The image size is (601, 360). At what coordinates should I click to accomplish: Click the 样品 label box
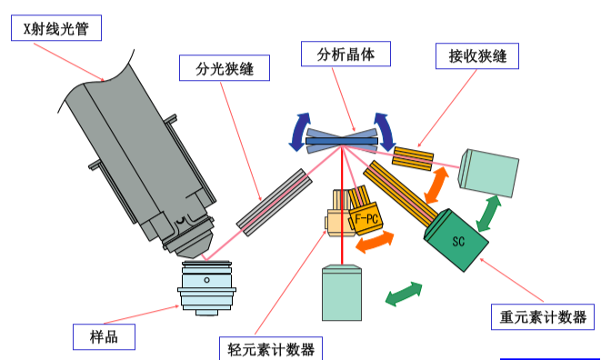point(105,336)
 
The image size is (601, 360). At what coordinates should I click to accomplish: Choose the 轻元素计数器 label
point(271,348)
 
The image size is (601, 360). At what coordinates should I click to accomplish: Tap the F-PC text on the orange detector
point(367,219)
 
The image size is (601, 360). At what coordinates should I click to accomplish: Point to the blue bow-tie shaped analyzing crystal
point(341,137)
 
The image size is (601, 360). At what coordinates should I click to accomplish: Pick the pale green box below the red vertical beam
point(346,291)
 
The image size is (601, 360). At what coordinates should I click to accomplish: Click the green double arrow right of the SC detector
point(490,215)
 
